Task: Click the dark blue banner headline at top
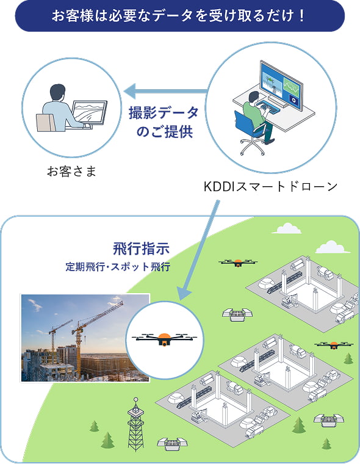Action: (x=179, y=16)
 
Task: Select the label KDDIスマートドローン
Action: (x=270, y=186)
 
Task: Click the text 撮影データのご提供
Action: (x=164, y=122)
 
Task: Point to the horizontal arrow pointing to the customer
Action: (x=165, y=92)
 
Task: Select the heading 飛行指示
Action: (x=140, y=249)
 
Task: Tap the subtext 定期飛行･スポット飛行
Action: (x=118, y=267)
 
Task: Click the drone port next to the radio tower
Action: (x=170, y=443)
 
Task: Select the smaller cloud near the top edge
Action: (x=287, y=229)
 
